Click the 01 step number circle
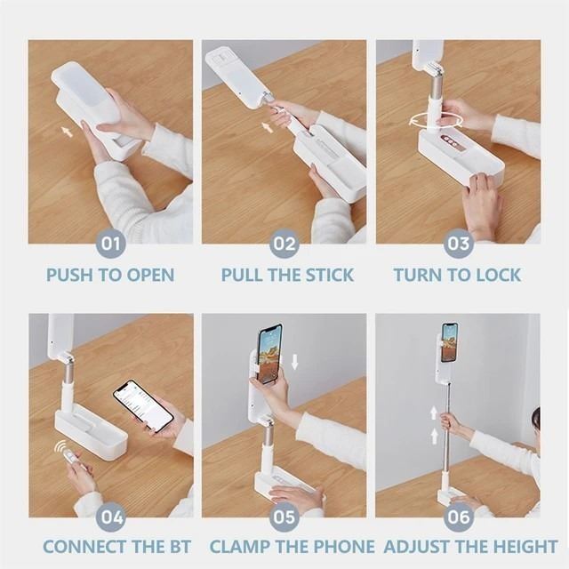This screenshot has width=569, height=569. (x=110, y=244)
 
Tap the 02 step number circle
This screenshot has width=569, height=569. (x=284, y=244)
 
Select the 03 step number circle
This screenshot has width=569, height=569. (x=459, y=244)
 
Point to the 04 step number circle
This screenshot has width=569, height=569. (x=110, y=517)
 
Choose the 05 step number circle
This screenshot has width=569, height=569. (x=284, y=517)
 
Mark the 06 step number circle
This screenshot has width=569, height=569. (x=459, y=517)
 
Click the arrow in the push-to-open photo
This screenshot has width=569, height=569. (x=68, y=131)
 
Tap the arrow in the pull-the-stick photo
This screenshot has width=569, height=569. (x=267, y=127)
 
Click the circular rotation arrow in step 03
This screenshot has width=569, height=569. (x=436, y=121)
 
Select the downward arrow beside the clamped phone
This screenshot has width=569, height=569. (x=294, y=362)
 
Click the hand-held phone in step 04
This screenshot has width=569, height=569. (x=143, y=406)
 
